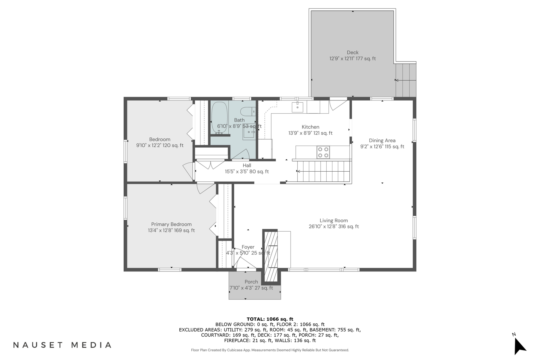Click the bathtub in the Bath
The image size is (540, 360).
(219, 118)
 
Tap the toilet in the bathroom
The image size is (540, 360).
(248, 111)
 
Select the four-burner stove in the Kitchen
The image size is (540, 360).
(323, 152)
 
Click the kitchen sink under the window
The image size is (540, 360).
(297, 107)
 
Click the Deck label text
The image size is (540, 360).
(352, 52)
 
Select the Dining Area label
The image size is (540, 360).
(382, 140)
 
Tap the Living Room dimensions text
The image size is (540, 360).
(334, 227)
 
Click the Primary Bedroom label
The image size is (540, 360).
(171, 224)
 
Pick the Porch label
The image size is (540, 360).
(251, 282)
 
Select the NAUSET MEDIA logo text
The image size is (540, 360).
(62, 345)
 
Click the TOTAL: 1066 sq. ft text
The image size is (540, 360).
(270, 319)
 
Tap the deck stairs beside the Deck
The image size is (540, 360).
(406, 80)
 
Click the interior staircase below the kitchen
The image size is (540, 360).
(324, 171)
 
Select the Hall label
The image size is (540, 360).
(247, 165)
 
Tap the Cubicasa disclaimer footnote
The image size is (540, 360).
(270, 350)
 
